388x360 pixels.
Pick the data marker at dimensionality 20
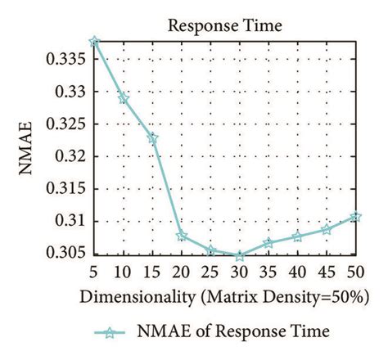tap(182, 236)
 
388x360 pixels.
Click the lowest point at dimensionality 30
tap(239, 256)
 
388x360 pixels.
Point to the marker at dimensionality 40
tap(296, 236)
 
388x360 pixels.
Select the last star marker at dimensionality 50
tap(354, 217)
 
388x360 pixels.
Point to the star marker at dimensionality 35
tap(268, 243)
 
